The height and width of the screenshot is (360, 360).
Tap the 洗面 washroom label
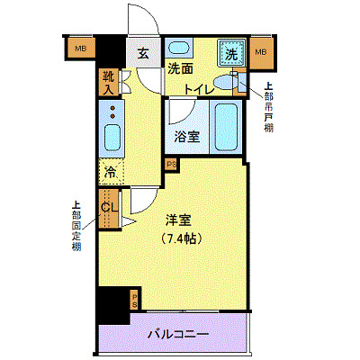click(179, 69)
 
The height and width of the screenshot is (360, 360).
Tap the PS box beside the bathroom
click(171, 164)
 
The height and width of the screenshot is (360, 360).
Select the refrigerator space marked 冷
click(111, 170)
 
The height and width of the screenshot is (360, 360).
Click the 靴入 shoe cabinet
click(109, 82)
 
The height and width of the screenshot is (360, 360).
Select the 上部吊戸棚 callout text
click(268, 107)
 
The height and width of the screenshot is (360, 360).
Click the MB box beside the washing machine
click(261, 53)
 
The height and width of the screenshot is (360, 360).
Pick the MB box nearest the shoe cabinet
click(81, 49)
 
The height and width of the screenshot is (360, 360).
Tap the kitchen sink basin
click(112, 138)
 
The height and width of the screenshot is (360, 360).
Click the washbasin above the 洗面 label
click(180, 49)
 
